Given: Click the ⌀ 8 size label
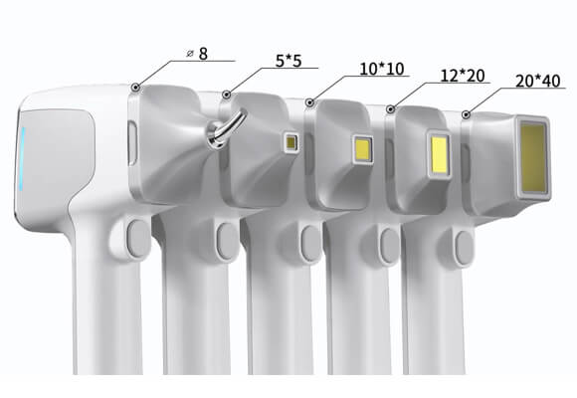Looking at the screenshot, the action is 197,54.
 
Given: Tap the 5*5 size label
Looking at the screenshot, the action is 288,61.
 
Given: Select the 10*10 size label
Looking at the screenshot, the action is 382,69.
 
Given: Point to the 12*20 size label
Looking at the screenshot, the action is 463,76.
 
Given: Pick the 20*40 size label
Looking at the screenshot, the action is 538,81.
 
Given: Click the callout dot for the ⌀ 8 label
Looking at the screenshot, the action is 136,88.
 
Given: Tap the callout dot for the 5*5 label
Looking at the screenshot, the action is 227,95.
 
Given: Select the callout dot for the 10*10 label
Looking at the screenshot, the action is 309,102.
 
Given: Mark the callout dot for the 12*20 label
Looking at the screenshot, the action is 391,109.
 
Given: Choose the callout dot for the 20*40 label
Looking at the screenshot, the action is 467,114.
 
